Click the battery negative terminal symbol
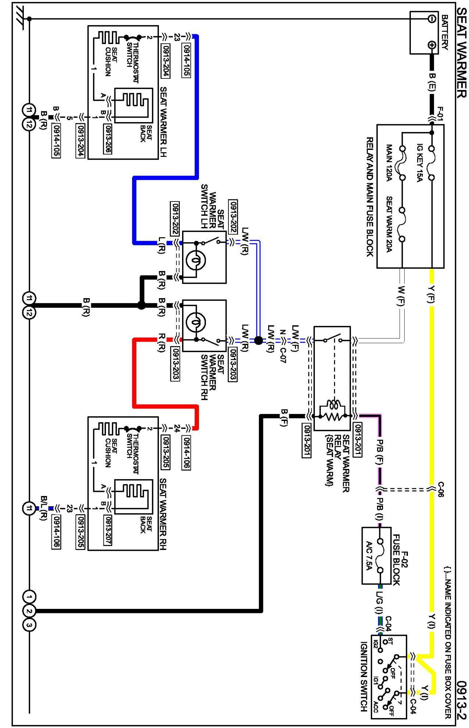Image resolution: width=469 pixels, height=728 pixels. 432,19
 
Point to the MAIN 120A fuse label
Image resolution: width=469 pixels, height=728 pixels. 389,163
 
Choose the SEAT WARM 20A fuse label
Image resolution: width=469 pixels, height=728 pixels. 389,225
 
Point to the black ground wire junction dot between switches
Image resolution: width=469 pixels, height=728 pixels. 141,305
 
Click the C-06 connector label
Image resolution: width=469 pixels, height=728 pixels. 441,489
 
